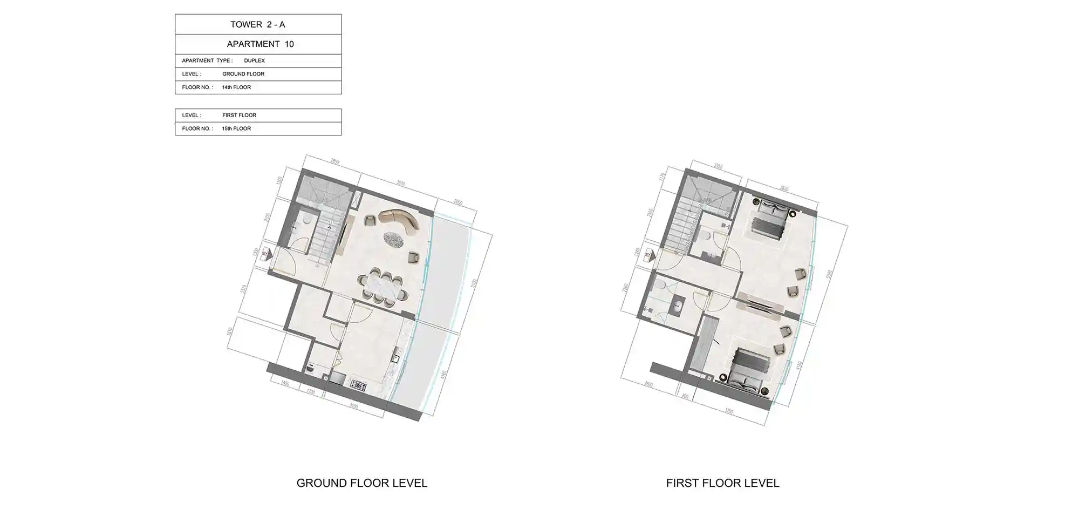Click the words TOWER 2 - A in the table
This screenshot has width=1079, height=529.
(x=257, y=24)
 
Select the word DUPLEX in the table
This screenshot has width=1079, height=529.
(x=254, y=60)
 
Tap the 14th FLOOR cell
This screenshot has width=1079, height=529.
(x=236, y=87)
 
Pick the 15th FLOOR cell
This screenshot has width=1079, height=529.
(x=236, y=128)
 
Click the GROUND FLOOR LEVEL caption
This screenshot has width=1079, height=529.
(x=362, y=483)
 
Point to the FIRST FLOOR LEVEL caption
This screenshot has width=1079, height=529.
(x=722, y=483)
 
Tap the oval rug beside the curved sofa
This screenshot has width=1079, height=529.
(x=395, y=238)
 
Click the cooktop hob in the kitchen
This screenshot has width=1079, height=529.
(x=358, y=385)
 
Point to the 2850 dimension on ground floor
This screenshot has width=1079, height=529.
(x=335, y=162)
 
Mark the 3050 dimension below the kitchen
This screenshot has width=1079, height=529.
(x=354, y=406)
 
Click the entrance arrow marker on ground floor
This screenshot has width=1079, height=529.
(x=265, y=253)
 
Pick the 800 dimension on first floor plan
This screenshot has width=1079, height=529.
(x=685, y=397)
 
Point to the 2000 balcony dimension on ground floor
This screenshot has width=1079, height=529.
(x=458, y=202)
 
